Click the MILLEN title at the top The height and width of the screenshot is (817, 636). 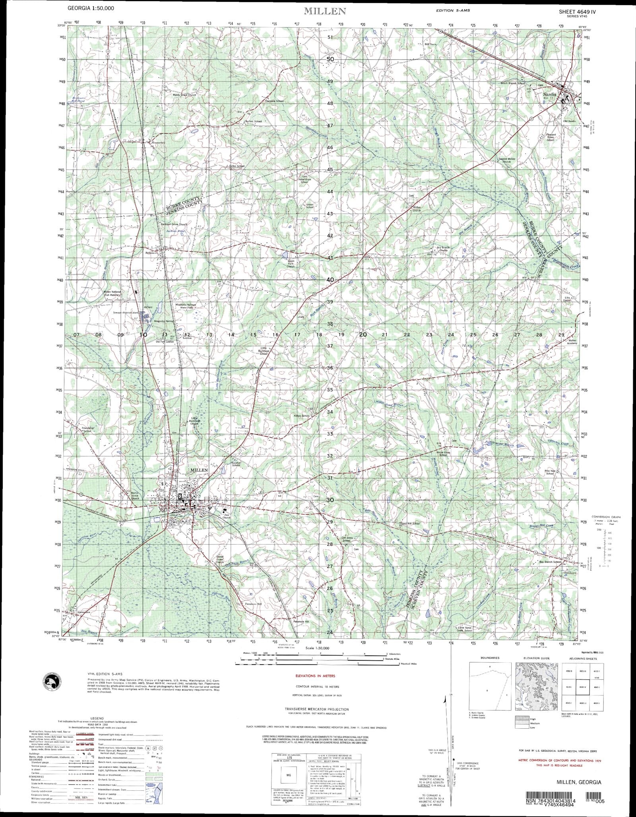click(x=325, y=11)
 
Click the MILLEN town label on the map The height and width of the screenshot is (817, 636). click(x=199, y=470)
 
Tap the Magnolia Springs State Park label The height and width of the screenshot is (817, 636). click(x=186, y=306)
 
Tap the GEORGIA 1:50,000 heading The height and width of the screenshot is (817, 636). click(x=91, y=8)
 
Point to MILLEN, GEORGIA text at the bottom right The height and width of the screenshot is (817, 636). click(x=579, y=782)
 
